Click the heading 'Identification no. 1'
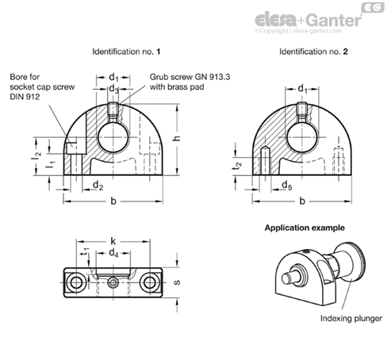[126, 52]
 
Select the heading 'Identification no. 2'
[313, 52]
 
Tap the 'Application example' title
[305, 228]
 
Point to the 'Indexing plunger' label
[351, 319]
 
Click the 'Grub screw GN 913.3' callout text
[190, 77]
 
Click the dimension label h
[177, 138]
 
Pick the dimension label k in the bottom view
[113, 241]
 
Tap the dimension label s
[177, 282]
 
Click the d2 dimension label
[98, 185]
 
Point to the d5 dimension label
[287, 185]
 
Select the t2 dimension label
[238, 166]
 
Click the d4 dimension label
[113, 253]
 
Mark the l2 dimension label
[36, 155]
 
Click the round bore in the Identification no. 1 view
[113, 137]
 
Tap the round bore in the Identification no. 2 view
[302, 137]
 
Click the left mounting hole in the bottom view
[76, 282]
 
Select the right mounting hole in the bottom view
[150, 282]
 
